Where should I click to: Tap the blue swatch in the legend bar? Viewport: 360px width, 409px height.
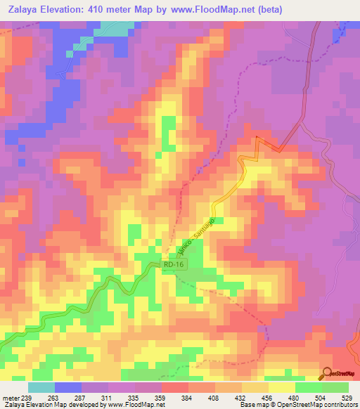pyautogui.click(x=67, y=387)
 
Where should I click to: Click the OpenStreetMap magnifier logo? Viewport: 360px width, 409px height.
pyautogui.click(x=327, y=374)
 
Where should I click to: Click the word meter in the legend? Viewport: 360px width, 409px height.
pyautogui.click(x=11, y=397)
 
